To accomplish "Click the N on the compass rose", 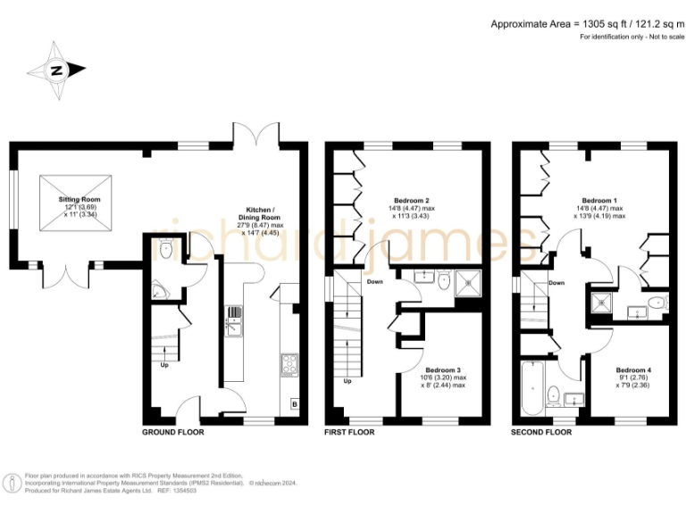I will [55, 70].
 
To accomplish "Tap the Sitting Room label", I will [79, 199].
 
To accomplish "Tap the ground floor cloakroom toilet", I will [167, 251].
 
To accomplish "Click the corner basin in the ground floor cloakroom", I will [158, 289].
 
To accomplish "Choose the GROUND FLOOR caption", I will [173, 432].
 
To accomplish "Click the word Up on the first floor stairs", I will [347, 381].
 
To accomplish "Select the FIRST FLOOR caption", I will [350, 432].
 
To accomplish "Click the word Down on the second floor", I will [556, 283].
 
